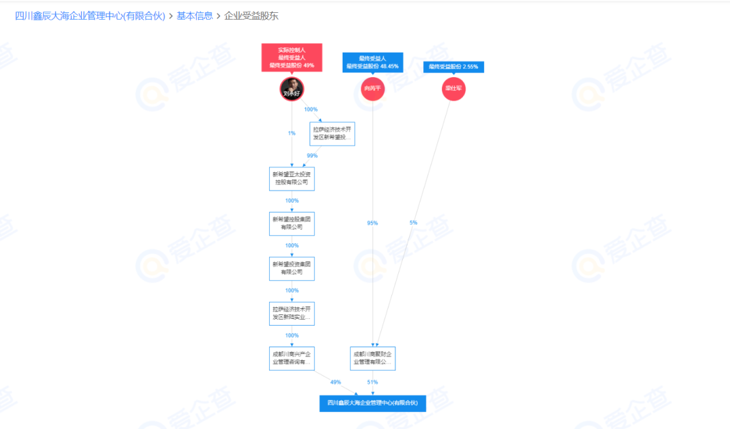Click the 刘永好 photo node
click(x=292, y=89)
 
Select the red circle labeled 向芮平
click(x=372, y=89)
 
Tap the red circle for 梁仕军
click(x=454, y=89)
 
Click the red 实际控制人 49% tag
click(x=292, y=57)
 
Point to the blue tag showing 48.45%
click(x=372, y=62)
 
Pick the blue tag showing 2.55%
click(x=454, y=66)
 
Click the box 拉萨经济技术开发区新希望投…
click(x=332, y=134)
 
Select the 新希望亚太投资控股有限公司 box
click(x=292, y=178)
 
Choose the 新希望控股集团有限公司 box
click(x=292, y=224)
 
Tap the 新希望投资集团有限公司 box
click(x=292, y=268)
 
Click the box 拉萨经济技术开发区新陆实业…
click(x=292, y=313)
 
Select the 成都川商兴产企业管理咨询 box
click(x=292, y=358)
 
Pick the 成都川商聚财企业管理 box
click(x=372, y=358)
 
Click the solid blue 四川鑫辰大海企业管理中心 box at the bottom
click(x=372, y=403)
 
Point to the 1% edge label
click(x=292, y=133)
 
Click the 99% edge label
click(x=312, y=155)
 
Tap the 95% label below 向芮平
click(x=372, y=223)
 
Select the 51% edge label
click(x=372, y=382)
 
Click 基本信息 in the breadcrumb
click(x=195, y=16)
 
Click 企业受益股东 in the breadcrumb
click(x=251, y=16)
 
